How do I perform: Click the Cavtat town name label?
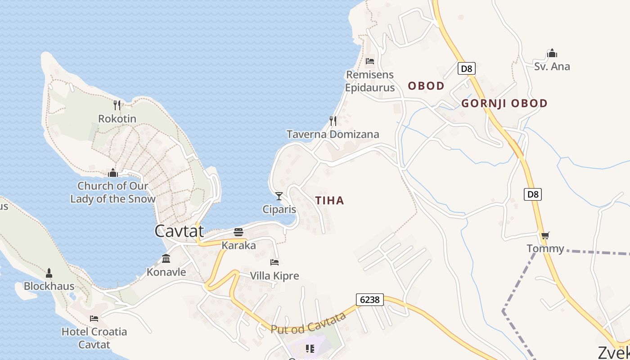(x=179, y=231)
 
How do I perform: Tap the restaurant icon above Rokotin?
(x=117, y=105)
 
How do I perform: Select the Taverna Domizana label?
(x=333, y=134)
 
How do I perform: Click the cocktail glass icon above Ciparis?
(x=279, y=196)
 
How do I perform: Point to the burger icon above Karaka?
(x=238, y=232)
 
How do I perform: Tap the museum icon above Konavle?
(x=166, y=259)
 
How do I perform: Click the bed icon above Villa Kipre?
(x=274, y=262)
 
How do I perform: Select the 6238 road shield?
(x=369, y=299)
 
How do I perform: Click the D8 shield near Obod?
(x=467, y=68)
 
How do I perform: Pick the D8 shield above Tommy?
(x=532, y=194)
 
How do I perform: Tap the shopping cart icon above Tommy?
(x=545, y=235)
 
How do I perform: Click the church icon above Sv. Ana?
(x=552, y=53)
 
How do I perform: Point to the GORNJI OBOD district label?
(x=504, y=103)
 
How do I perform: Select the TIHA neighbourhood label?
(x=330, y=201)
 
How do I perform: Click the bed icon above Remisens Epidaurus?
(x=370, y=61)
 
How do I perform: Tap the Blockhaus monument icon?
(x=49, y=273)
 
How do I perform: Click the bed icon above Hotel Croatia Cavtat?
(x=94, y=319)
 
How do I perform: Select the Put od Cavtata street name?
(x=309, y=323)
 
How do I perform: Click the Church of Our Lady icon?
(x=113, y=173)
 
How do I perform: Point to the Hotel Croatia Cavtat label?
(x=94, y=338)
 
